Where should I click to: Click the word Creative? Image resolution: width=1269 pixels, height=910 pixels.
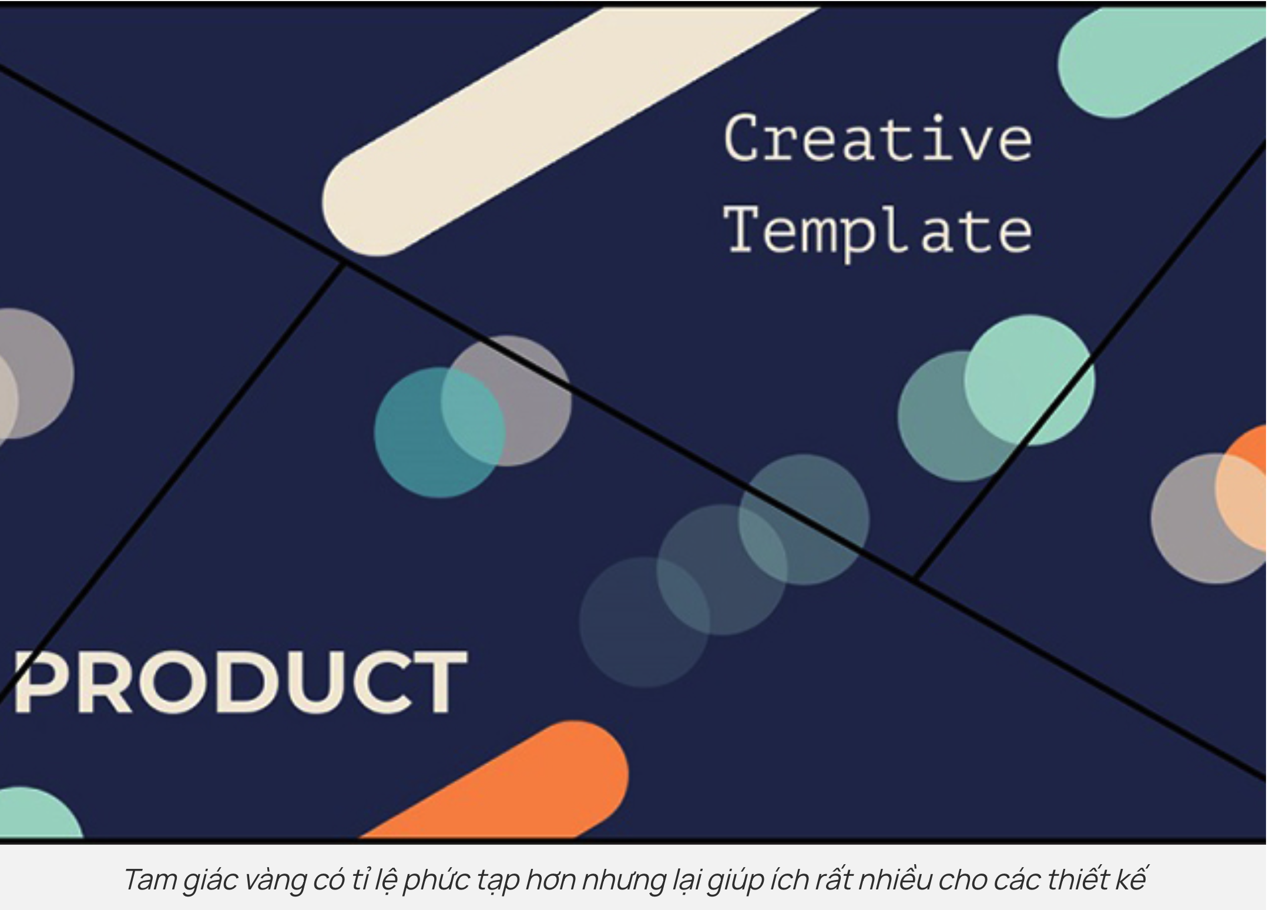click(x=878, y=138)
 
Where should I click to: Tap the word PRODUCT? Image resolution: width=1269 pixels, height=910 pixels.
click(x=240, y=682)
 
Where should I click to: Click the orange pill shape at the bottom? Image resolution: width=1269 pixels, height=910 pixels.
click(x=499, y=782)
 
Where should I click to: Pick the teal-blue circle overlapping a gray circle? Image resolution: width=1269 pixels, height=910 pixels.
click(x=439, y=433)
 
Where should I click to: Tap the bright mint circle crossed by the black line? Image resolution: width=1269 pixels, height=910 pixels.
click(x=1029, y=380)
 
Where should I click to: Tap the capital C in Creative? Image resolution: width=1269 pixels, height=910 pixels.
click(x=743, y=138)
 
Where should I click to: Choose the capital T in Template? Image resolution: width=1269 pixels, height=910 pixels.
click(x=744, y=228)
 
